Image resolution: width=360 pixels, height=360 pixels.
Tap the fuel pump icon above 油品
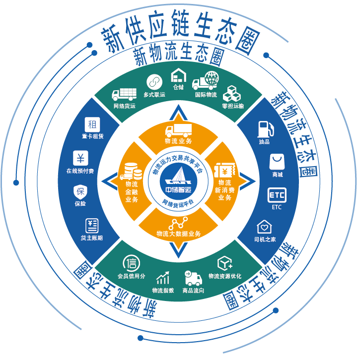pyautogui.click(x=264, y=129)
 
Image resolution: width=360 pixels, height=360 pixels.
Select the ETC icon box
pyautogui.click(x=277, y=195)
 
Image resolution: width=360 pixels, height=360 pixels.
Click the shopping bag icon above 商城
pyautogui.click(x=277, y=162)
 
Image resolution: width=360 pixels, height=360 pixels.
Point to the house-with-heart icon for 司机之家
pyautogui.click(x=264, y=227)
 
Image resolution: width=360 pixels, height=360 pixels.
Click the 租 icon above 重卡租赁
pyautogui.click(x=92, y=124)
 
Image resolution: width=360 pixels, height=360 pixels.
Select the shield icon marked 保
pyautogui.click(x=80, y=191)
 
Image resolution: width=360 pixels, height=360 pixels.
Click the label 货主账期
pyautogui.click(x=92, y=238)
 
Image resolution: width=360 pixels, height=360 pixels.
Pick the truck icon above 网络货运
pyautogui.click(x=124, y=94)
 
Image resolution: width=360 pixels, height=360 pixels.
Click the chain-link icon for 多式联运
pyautogui.click(x=154, y=81)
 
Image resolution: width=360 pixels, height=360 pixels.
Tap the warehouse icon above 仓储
pyautogui.click(x=178, y=75)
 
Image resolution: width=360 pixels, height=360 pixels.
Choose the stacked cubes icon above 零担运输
pyautogui.click(x=232, y=94)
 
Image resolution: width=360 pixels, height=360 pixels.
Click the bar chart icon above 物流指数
pyautogui.click(x=163, y=277)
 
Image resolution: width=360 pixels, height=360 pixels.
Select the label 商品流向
pyautogui.click(x=193, y=291)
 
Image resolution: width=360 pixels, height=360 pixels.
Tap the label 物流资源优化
pyautogui.click(x=225, y=276)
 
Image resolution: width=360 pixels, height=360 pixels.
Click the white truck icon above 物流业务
pyautogui.click(x=178, y=130)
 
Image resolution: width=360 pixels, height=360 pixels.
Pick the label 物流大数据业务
pyautogui.click(x=178, y=234)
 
